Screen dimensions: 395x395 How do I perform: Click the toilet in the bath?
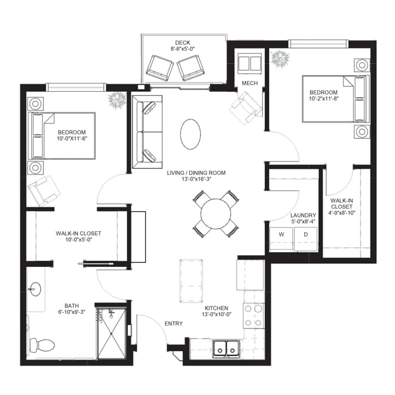[x=42, y=345]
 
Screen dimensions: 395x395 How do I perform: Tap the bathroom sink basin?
[x=34, y=289]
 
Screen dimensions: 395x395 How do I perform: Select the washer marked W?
[x=281, y=239]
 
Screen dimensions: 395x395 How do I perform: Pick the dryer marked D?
[x=306, y=239]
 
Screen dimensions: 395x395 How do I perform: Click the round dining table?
[x=216, y=214]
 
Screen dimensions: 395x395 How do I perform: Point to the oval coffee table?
[x=191, y=134]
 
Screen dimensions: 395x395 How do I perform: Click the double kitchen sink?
[x=226, y=349]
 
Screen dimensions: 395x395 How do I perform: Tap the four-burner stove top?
[x=253, y=316]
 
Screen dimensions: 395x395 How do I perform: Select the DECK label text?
[x=183, y=42]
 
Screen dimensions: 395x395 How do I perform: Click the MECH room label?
[x=249, y=83]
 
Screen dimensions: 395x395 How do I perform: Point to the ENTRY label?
[x=174, y=323]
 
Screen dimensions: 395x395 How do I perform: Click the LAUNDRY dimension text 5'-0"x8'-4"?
[x=303, y=222]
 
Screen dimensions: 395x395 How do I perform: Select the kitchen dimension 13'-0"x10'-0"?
[x=216, y=314]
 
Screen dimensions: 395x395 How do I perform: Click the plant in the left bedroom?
[x=117, y=99]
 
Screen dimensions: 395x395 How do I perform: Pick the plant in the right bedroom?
[x=280, y=59]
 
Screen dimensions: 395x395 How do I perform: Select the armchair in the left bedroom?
[x=44, y=190]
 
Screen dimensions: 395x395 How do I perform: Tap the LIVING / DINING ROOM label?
[x=196, y=173]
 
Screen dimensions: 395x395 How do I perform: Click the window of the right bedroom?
[x=318, y=43]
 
